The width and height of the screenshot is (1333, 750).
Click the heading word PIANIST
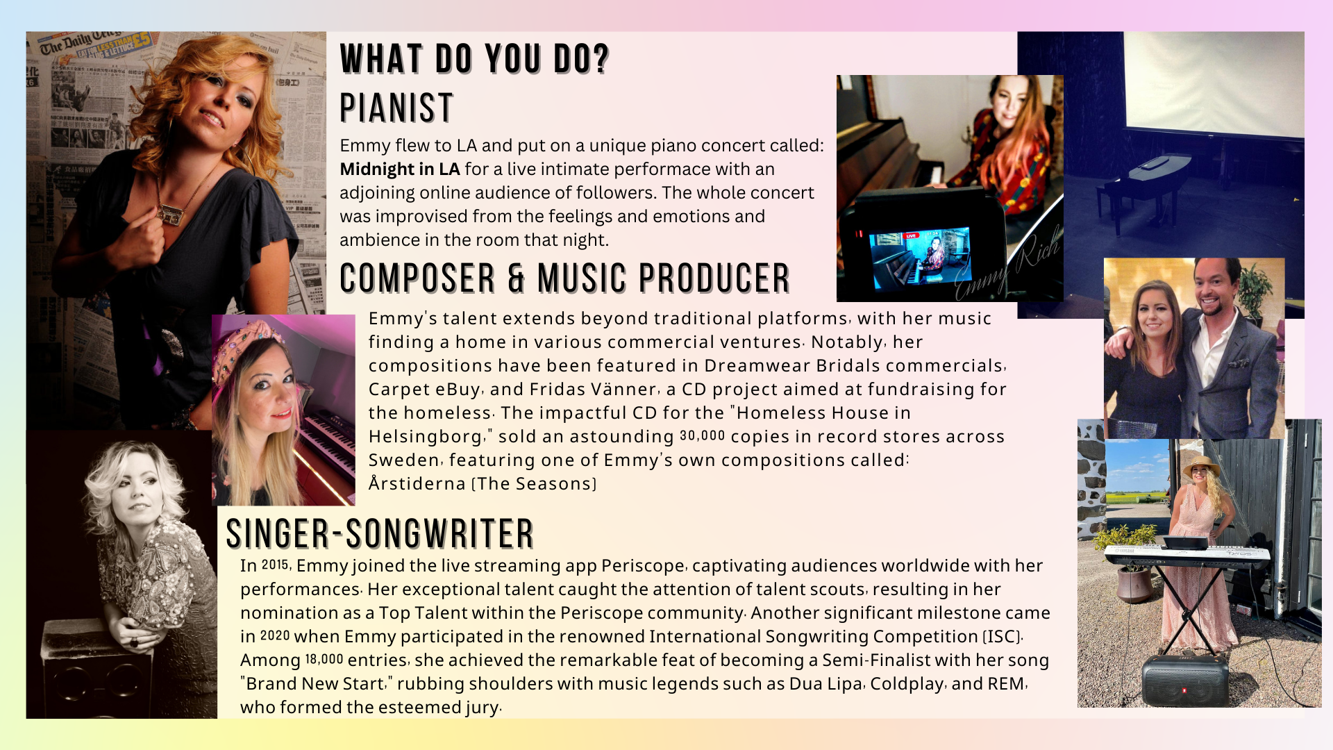[x=396, y=108]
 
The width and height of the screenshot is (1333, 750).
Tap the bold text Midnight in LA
[x=400, y=169]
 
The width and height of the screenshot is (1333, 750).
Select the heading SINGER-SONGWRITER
[x=380, y=533]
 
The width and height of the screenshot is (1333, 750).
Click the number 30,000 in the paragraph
[x=703, y=435]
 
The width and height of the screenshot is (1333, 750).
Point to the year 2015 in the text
[x=276, y=565]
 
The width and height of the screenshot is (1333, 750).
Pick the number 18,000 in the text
[x=324, y=659]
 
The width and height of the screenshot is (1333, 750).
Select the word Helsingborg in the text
[x=426, y=437]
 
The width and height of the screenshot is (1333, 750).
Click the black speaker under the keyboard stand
[x=1184, y=681]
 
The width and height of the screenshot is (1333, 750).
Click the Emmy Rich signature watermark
[x=1007, y=263]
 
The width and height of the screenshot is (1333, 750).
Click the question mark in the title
[x=601, y=58]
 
